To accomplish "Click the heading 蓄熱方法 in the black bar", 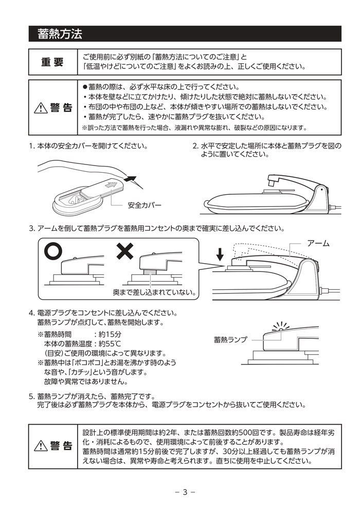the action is tap(60, 34).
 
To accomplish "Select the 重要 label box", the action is tap(53, 62).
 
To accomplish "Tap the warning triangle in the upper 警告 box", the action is tap(41, 107).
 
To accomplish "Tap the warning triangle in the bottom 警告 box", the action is tap(41, 446).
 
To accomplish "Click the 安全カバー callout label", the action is tap(145, 205).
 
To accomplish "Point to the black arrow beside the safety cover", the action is tap(131, 179).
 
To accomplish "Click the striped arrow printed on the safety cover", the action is tap(111, 185).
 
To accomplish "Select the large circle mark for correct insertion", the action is tap(53, 251).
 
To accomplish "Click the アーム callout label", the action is tap(318, 243).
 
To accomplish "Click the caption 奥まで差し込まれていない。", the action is tap(154, 292).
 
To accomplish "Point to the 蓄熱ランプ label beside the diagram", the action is tap(230, 340).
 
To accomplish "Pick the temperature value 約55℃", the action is tap(110, 344).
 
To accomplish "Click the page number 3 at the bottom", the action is tap(185, 492).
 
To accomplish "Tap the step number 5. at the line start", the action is tap(32, 396).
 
